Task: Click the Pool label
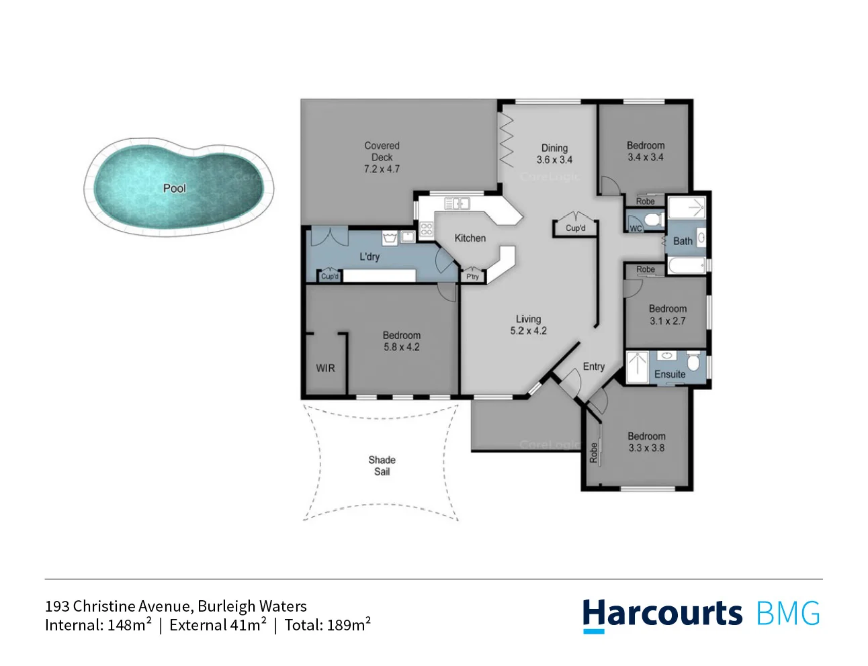tap(174, 189)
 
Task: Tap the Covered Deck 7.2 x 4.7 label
tap(382, 157)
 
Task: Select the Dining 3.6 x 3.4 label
tap(554, 154)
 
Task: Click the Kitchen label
tap(470, 238)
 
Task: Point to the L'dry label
tap(369, 256)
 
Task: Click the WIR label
tap(325, 368)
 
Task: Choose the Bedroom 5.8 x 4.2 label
tap(401, 341)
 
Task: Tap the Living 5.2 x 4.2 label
tap(528, 325)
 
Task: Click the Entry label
tap(593, 367)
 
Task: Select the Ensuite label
tap(670, 374)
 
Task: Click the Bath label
tap(683, 241)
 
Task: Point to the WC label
tap(636, 229)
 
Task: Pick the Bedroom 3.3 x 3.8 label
tap(646, 442)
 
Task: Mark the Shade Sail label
tap(382, 465)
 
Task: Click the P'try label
tap(472, 277)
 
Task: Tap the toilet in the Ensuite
tap(694, 363)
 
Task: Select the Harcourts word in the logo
tap(662, 614)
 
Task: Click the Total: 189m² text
tap(327, 625)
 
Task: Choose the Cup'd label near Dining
tap(575, 228)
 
